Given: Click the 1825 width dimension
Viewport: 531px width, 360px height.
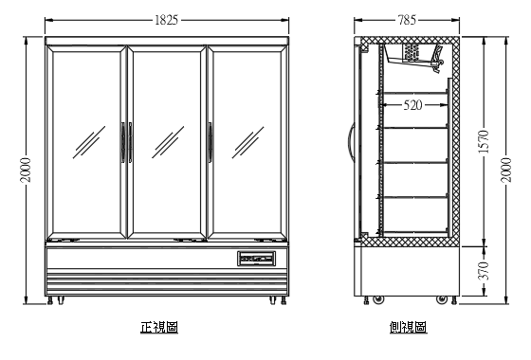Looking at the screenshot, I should click(x=167, y=19).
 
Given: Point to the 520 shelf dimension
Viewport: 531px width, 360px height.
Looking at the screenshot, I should click(x=413, y=106).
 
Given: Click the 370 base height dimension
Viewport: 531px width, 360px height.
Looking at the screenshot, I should click(x=482, y=271).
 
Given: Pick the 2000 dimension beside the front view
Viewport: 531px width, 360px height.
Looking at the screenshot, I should click(x=27, y=171).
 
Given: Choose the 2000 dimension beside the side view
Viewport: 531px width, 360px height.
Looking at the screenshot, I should click(x=510, y=171).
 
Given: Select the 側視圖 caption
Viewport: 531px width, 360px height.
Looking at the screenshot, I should click(x=407, y=327).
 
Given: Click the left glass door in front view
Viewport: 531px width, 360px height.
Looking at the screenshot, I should click(x=85, y=142).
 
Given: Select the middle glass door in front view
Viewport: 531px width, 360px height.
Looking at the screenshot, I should click(x=166, y=142).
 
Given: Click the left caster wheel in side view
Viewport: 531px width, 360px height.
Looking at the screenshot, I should click(x=378, y=299).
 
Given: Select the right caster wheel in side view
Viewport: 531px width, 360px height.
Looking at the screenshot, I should click(x=441, y=299).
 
